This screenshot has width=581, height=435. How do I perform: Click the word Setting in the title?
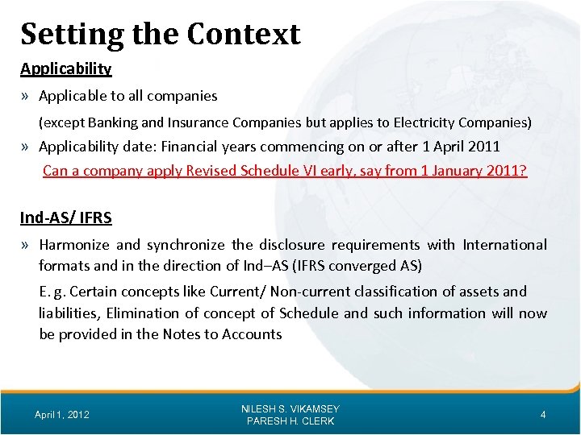[x=72, y=35]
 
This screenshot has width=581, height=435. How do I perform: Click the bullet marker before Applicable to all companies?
[x=27, y=97]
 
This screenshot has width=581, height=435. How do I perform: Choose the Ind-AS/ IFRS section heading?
[x=66, y=217]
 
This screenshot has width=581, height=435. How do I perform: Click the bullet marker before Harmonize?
[x=27, y=245]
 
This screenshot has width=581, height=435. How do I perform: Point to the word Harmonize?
[x=75, y=245]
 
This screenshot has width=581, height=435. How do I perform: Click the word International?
[x=504, y=245]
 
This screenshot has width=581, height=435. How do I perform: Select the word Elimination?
[x=140, y=313]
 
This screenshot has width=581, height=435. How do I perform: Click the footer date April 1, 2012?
[x=62, y=415]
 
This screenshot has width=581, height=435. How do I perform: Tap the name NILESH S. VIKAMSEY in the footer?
[x=290, y=408]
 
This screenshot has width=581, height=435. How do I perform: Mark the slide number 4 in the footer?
[x=543, y=415]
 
